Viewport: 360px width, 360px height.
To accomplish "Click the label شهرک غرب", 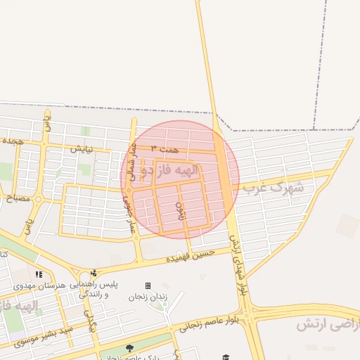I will point(274,188).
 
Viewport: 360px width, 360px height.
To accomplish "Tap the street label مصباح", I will point(17,199).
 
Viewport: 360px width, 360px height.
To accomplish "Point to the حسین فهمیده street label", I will point(190,255).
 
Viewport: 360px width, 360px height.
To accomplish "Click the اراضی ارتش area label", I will point(327,325).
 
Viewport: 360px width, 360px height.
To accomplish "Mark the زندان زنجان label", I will point(147,297).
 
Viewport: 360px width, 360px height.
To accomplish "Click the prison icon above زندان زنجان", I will point(148,285).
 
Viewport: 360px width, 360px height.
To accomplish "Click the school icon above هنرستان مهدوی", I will point(39,274).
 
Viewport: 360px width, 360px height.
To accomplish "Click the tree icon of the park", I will point(129,348).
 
